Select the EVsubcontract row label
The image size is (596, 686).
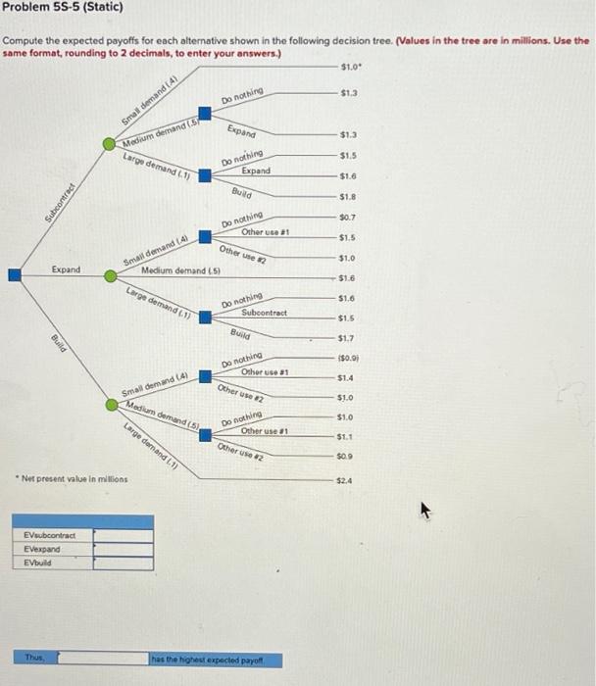[46, 536]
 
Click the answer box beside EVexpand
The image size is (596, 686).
[123, 550]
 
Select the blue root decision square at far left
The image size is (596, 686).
[15, 276]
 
